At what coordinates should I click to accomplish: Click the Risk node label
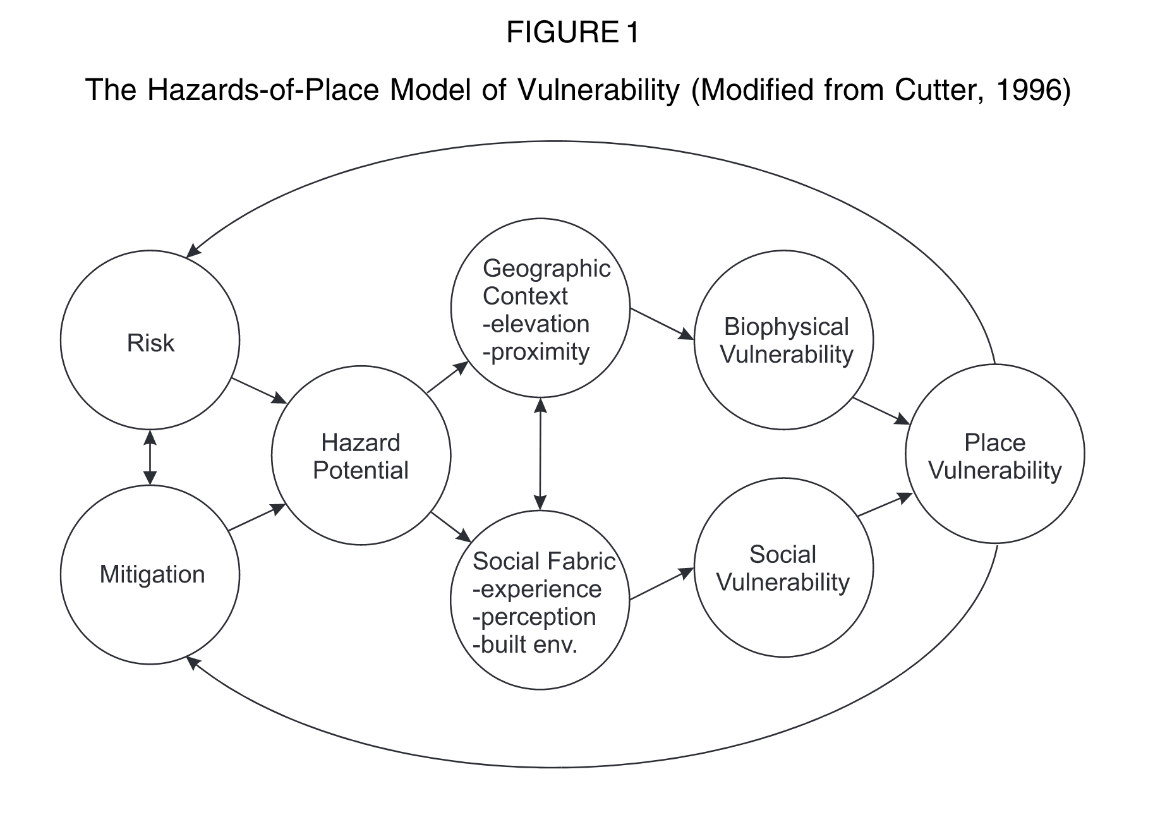click(x=150, y=343)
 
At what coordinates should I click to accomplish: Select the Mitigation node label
click(x=152, y=574)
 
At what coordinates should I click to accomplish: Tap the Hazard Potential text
click(x=361, y=456)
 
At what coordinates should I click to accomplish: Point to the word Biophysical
click(x=786, y=327)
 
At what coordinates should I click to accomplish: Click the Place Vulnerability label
click(x=995, y=456)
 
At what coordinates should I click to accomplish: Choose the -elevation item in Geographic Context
click(x=536, y=324)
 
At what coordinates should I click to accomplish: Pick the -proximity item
click(x=536, y=352)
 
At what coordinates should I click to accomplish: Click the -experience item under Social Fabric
click(x=537, y=589)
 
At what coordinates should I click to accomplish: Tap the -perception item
click(x=534, y=617)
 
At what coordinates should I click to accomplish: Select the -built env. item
click(x=525, y=645)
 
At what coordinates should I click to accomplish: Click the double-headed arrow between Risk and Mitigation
click(x=150, y=457)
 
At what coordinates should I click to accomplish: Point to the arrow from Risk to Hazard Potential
click(x=258, y=390)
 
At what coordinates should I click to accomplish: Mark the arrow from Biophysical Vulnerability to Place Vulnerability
click(x=881, y=411)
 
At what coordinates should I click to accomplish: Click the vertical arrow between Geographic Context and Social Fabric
click(x=540, y=453)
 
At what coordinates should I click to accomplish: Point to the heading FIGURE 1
click(x=572, y=33)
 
